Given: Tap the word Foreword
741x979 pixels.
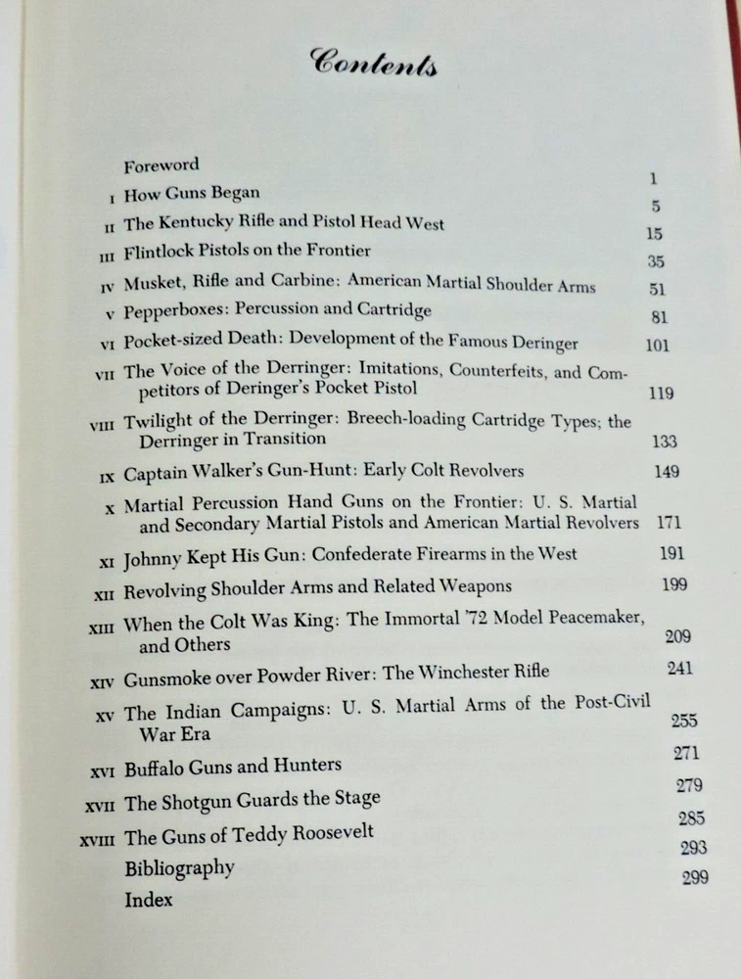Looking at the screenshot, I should click(x=162, y=165).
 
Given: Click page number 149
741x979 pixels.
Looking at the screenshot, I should click(x=666, y=472).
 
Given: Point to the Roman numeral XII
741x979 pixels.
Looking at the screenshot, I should click(x=105, y=590).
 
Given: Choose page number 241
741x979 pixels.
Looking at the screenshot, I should click(x=678, y=669).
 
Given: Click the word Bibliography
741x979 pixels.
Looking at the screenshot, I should click(x=179, y=867).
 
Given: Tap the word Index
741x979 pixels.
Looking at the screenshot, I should click(x=148, y=899).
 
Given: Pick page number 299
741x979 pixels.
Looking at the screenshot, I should click(x=694, y=878).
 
